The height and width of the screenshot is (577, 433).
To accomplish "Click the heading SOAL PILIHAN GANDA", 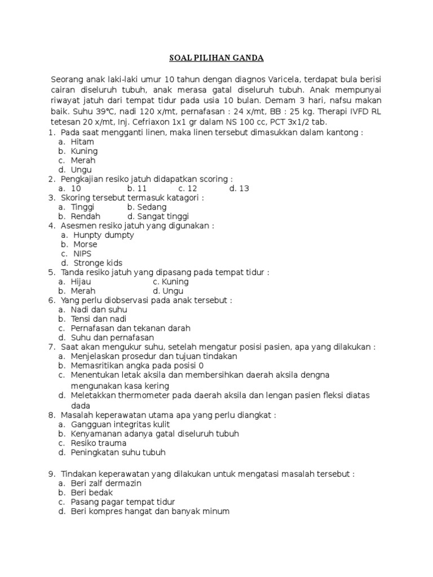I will (216, 58).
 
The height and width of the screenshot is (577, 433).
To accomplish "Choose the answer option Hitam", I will (82, 142).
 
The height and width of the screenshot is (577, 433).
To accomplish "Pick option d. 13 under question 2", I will (239, 188).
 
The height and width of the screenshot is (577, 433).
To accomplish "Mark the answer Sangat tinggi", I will (158, 216).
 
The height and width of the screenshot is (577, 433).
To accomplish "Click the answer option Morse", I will (85, 245).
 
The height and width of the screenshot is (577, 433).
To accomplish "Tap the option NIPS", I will (83, 254).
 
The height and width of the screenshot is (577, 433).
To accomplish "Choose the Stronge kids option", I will (98, 263).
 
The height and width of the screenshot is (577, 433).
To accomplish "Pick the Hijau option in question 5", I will (81, 282).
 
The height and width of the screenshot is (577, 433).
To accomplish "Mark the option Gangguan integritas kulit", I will (120, 424).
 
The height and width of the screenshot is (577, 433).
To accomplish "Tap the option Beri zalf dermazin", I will (107, 483).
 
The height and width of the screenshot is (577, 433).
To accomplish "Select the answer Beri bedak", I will (92, 492).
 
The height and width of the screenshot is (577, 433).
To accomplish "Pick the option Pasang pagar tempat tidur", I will (123, 502).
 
